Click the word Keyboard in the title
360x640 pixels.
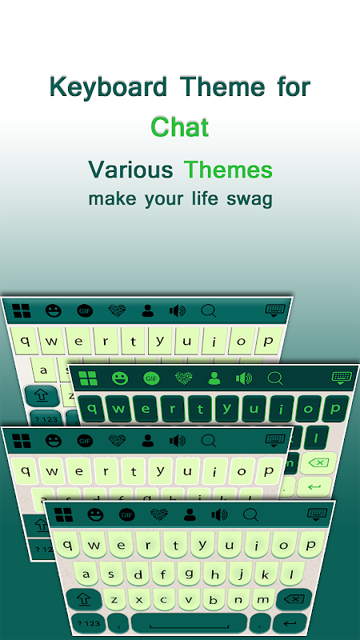pos(108,87)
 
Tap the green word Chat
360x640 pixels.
pos(179,127)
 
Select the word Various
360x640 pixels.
pos(130,170)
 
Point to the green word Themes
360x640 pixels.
pos(228,170)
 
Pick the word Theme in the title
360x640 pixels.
pos(222,86)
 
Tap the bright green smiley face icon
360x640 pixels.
pos(119,378)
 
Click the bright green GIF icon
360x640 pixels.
pos(151,378)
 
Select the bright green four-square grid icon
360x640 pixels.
pos(88,378)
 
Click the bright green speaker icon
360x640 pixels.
pos(244,378)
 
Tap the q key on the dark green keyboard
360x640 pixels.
pos(92,409)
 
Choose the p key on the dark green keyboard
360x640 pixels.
pos(335,409)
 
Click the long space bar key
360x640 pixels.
pos(189,623)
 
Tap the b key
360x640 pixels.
pos(213,599)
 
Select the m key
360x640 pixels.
pos(263,599)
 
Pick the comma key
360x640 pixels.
pos(118,624)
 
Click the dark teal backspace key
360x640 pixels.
pos(294,599)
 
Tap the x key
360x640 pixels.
pos(139,599)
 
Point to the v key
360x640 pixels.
pos(188,599)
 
